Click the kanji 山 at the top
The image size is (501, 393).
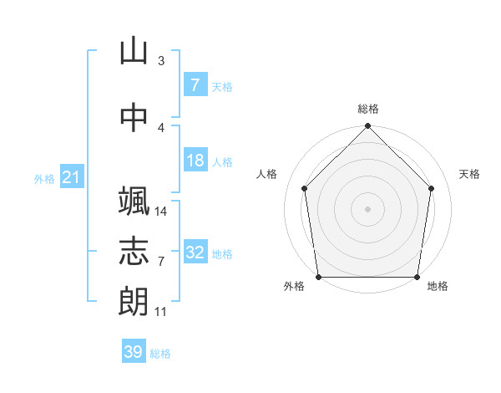click(134, 50)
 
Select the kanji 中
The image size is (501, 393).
click(134, 117)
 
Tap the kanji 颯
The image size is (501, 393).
click(134, 201)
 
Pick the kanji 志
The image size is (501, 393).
click(134, 251)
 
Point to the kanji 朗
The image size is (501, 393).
click(134, 301)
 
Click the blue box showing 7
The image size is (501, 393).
click(195, 84)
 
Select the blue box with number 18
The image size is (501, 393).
click(195, 160)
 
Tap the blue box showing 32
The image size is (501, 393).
click(195, 251)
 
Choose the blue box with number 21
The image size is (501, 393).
click(72, 176)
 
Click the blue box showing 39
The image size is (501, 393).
click(134, 350)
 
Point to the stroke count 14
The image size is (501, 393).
click(160, 212)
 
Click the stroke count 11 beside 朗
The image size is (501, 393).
click(160, 312)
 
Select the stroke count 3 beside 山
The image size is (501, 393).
click(161, 60)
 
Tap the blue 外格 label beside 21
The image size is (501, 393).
click(44, 179)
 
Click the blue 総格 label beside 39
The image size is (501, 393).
click(160, 354)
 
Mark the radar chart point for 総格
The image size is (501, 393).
click(367, 125)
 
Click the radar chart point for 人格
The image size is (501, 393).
click(305, 188)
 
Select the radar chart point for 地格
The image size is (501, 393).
click(417, 277)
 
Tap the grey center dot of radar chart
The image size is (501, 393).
click(367, 209)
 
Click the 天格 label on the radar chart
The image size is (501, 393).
click(469, 174)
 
